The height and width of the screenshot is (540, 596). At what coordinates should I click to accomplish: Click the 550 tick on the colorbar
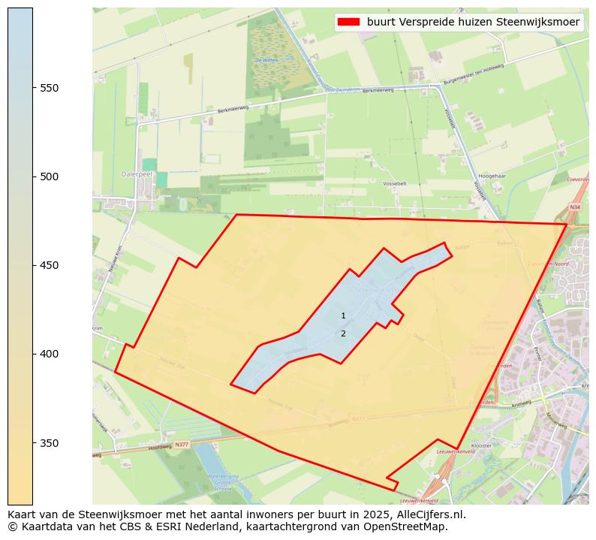coord(50,88)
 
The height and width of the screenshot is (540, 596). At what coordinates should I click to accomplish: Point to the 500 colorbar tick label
coord(50,176)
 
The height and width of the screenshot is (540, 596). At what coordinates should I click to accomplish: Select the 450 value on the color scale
coord(50,265)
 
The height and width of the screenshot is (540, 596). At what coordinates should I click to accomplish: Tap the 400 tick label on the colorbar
coord(50,354)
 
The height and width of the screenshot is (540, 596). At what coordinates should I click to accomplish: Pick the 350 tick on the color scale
coord(50,442)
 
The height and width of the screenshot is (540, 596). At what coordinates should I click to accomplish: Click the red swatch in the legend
coord(349,22)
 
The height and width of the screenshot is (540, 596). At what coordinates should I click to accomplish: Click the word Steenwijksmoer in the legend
coord(540,22)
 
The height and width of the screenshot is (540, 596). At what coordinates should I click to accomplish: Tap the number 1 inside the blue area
coord(343,316)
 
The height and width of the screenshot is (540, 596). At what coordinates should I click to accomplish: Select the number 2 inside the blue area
coord(343,333)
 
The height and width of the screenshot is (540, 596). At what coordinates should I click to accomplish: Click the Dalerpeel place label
coord(137,173)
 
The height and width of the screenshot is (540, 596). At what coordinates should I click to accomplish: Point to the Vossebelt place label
coord(394,183)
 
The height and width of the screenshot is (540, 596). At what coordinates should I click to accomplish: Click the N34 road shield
coord(575,207)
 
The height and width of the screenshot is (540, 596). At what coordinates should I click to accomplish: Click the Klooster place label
coord(502,445)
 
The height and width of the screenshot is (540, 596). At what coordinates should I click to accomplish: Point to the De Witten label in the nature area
coord(266,60)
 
